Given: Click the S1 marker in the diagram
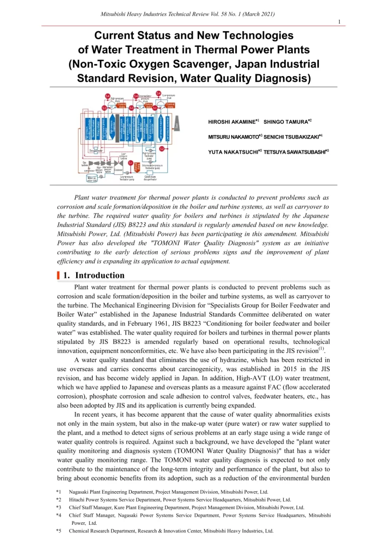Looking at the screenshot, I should coord(131,163).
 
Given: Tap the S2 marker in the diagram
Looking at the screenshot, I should coord(161,149).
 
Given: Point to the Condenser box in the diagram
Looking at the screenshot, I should coord(118,170).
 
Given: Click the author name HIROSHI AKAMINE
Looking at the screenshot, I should coord(232,122).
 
